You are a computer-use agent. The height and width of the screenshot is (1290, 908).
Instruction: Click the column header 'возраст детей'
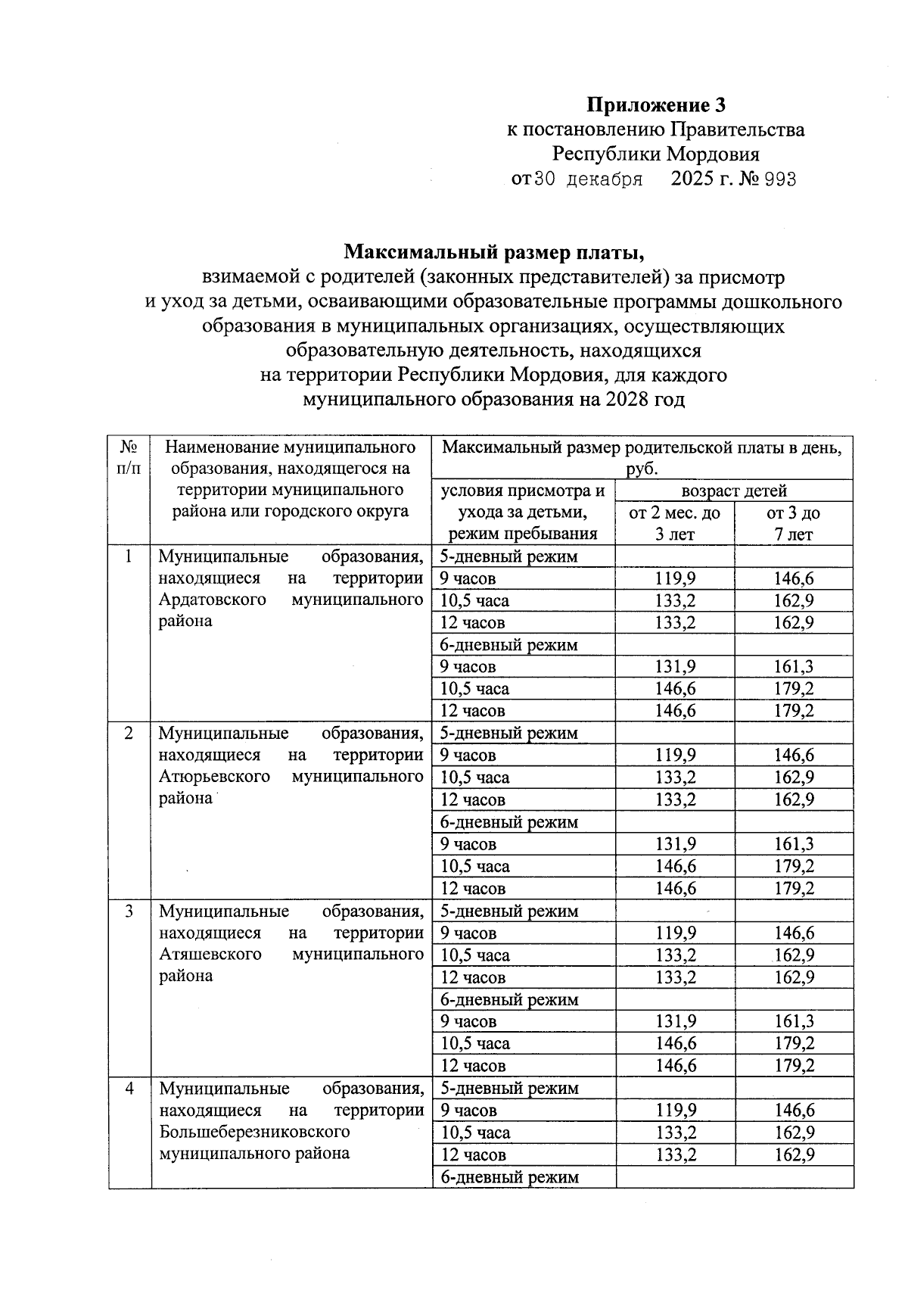733,491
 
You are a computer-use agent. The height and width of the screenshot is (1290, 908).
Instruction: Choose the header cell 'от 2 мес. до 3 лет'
674,523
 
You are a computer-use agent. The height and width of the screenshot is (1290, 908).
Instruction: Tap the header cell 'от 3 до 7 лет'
793,523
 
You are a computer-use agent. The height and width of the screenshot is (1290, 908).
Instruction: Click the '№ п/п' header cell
129,457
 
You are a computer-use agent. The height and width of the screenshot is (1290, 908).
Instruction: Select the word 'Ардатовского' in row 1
213,600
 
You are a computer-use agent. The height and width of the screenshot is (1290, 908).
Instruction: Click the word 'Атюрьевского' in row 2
215,777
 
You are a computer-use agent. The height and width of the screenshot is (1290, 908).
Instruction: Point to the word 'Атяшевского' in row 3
210,954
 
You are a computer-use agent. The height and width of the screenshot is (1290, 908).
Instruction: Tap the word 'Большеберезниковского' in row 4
254,1132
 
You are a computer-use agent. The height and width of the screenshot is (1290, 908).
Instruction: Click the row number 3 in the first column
129,911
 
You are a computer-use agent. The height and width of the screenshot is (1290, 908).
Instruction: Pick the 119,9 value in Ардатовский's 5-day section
675,579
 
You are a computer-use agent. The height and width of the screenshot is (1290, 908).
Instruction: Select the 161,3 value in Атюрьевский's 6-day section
793,844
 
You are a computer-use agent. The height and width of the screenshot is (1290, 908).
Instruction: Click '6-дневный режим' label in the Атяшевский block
509,999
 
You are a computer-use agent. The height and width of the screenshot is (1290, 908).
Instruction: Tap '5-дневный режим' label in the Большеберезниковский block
509,1088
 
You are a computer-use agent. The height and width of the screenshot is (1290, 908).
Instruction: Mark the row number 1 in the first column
129,556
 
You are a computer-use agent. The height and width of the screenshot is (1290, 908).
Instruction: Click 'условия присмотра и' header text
523,491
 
